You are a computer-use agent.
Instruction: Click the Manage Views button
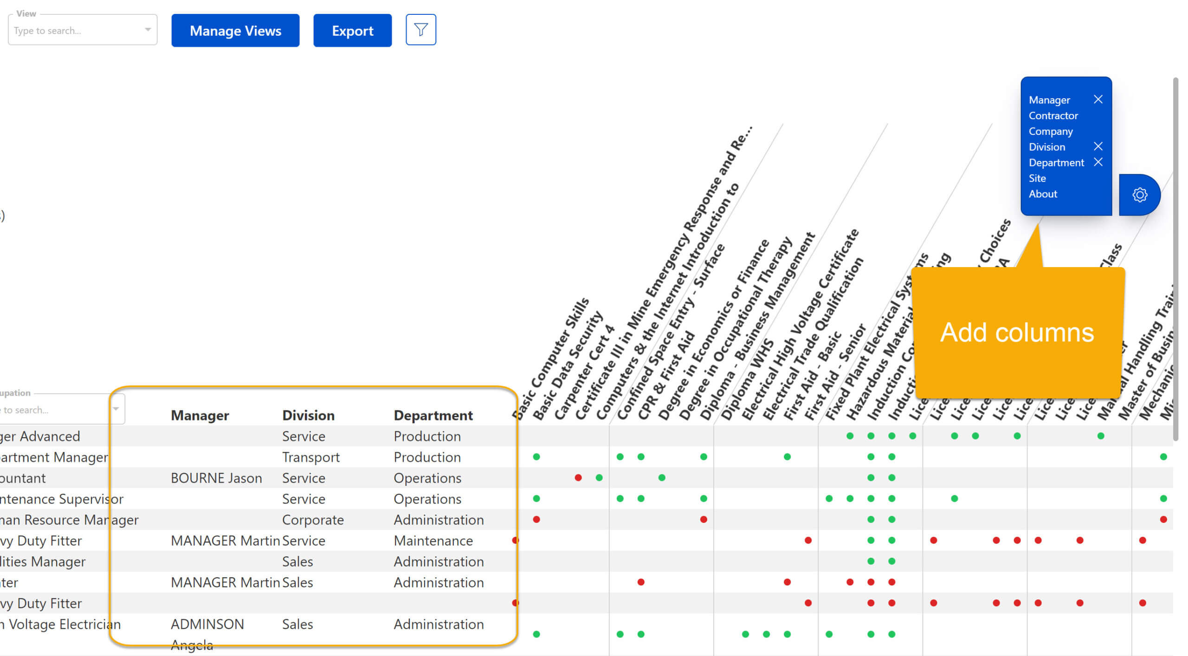coord(235,31)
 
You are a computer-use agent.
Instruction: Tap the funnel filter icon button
coord(420,30)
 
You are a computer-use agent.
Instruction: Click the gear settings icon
coord(1139,195)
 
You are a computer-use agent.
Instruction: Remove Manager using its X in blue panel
coord(1098,100)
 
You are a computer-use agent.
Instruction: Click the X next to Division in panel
coord(1098,146)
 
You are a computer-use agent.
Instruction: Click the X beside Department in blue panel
coord(1098,162)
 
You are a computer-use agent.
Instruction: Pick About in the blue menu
coord(1042,194)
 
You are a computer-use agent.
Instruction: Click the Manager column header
coord(200,415)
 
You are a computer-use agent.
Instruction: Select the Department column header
coord(433,415)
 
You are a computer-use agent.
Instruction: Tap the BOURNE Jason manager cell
coord(216,478)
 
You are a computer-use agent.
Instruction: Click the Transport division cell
coord(310,457)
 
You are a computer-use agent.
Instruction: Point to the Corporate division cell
coord(312,520)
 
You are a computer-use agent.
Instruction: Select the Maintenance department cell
coord(433,541)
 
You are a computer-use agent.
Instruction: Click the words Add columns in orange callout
coord(1016,332)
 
